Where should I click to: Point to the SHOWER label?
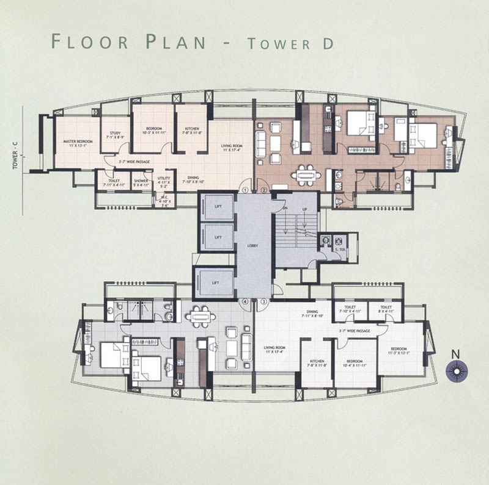click(142, 181)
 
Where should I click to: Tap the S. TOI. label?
click(339, 250)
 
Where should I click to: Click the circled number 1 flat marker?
click(246, 190)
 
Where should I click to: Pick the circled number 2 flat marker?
click(264, 190)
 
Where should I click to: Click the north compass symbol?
click(456, 371)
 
